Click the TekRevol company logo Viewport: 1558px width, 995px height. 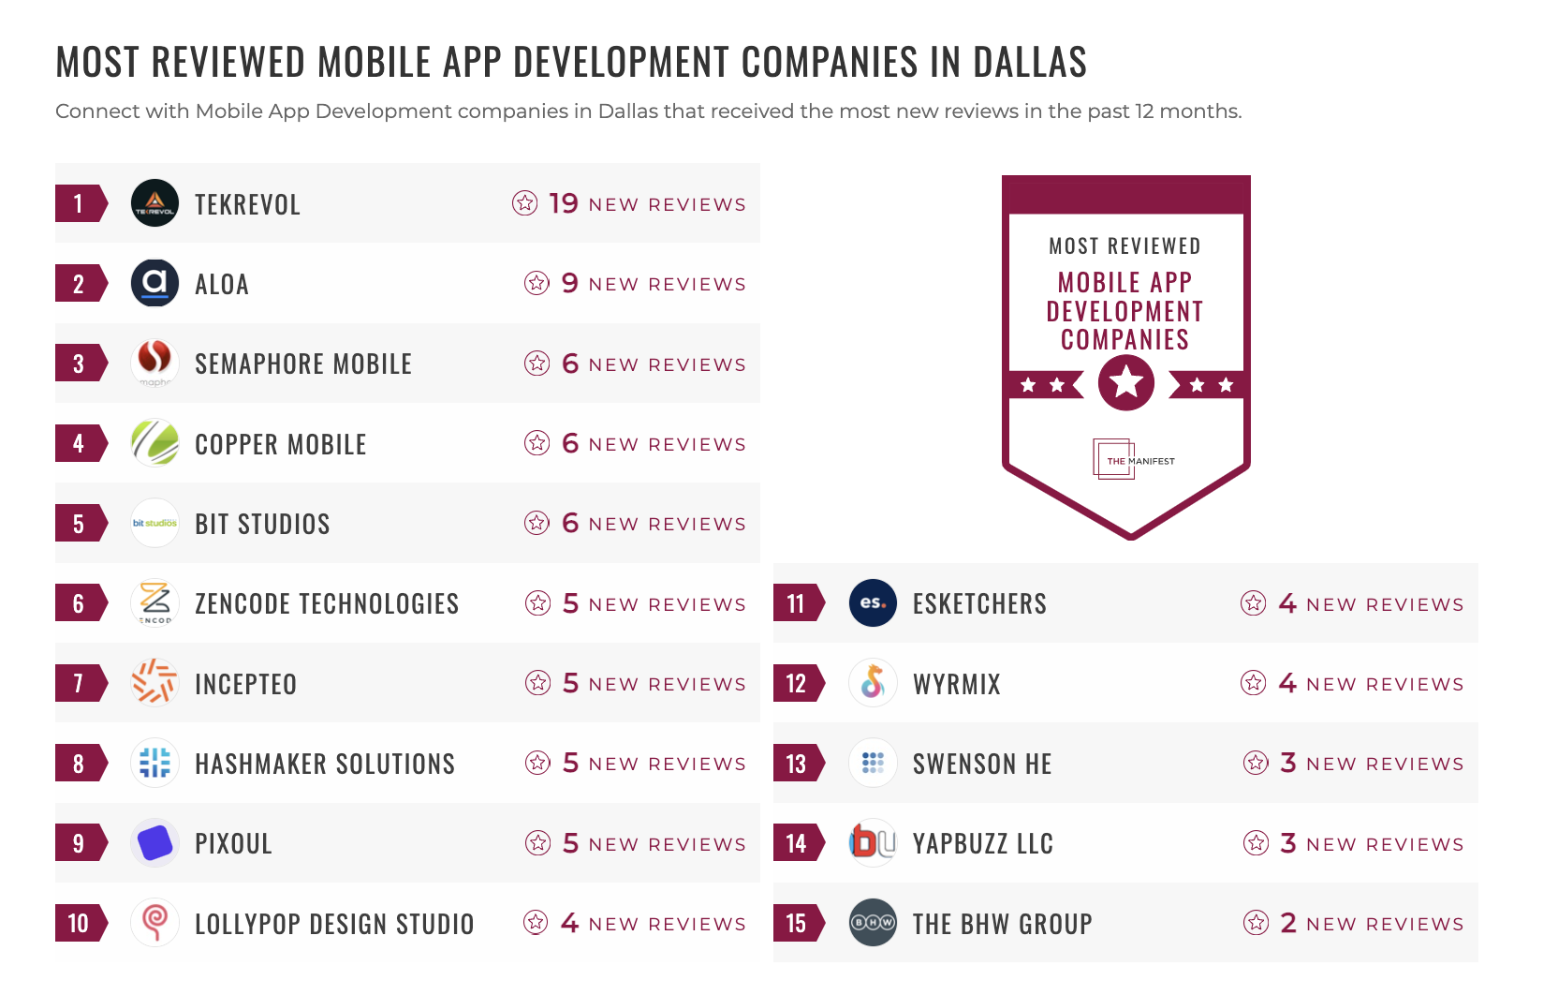[x=154, y=203]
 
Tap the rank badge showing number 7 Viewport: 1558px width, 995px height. [x=80, y=683]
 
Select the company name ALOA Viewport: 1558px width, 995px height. [x=222, y=284]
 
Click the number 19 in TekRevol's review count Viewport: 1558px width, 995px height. [x=564, y=203]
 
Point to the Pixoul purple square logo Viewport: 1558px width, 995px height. [x=154, y=842]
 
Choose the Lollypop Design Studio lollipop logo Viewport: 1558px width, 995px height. [x=154, y=922]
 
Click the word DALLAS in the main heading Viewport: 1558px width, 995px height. [x=1029, y=62]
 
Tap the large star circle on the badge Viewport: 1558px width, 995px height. [x=1125, y=382]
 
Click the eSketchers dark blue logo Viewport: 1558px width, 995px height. [x=873, y=602]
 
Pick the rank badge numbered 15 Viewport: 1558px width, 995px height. [x=797, y=923]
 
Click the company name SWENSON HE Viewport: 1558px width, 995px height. [x=982, y=764]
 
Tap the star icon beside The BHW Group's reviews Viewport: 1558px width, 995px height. [x=1256, y=923]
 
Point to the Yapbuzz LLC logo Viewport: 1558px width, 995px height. [x=872, y=842]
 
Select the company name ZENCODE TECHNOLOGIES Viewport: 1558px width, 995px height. [x=327, y=603]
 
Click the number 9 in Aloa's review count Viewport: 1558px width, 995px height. [x=569, y=283]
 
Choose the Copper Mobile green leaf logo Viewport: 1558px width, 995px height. [x=154, y=442]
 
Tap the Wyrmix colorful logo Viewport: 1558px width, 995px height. [x=873, y=682]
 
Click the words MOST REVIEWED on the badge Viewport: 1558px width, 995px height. [x=1124, y=245]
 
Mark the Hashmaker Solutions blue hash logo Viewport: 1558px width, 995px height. [x=154, y=763]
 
